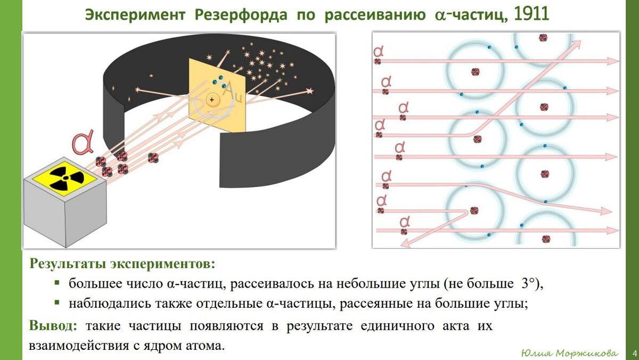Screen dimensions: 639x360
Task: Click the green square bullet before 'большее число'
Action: [x=57, y=283]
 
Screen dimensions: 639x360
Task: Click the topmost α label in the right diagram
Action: [x=379, y=51]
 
